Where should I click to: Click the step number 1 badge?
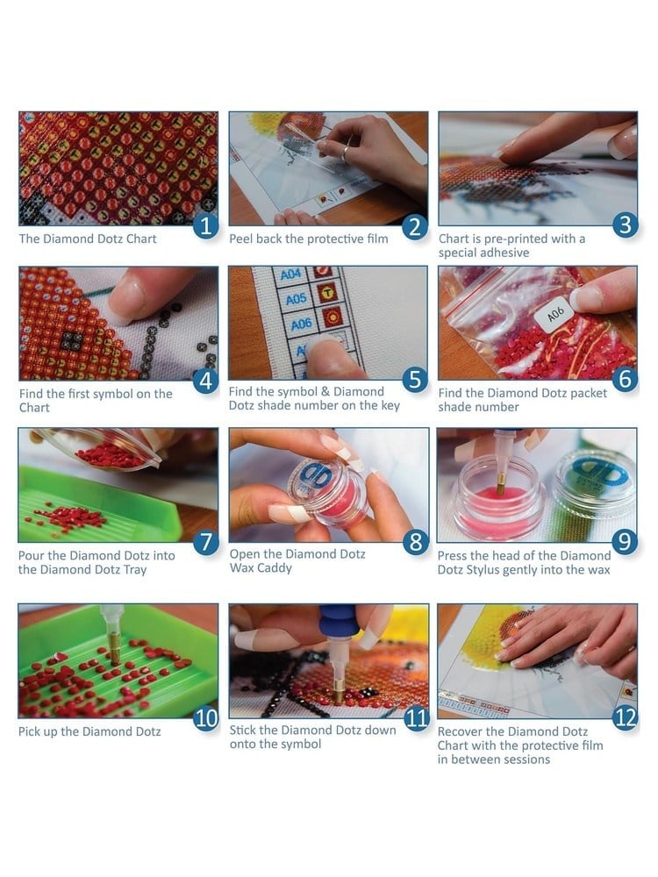[206, 226]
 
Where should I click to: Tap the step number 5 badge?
[415, 380]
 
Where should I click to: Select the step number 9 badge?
[625, 541]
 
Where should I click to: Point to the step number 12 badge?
[625, 718]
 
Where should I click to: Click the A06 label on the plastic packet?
[554, 315]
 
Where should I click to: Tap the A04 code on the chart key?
[291, 275]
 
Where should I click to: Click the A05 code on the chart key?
[296, 299]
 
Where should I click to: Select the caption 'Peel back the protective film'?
[308, 239]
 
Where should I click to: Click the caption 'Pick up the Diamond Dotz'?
[89, 731]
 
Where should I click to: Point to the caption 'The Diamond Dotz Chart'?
[88, 239]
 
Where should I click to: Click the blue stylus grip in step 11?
[339, 618]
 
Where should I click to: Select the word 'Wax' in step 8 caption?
[241, 568]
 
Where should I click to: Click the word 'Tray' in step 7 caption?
[135, 570]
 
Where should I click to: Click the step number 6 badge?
[625, 380]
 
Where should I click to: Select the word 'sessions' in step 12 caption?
[526, 759]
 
